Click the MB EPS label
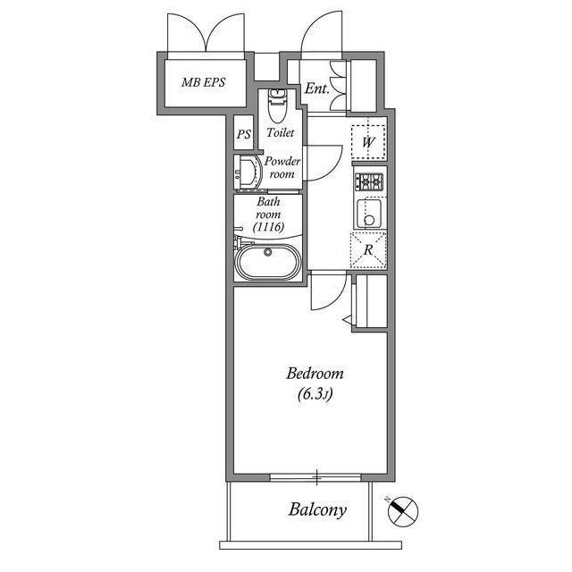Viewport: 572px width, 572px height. pyautogui.click(x=204, y=83)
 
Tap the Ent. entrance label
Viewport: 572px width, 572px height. pyautogui.click(x=315, y=88)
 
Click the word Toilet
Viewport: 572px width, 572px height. pyautogui.click(x=280, y=132)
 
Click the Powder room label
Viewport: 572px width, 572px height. pyautogui.click(x=282, y=167)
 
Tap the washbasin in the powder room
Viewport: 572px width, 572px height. pyautogui.click(x=245, y=172)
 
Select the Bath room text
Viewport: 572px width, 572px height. pyautogui.click(x=268, y=208)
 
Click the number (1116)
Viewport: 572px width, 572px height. pyautogui.click(x=268, y=229)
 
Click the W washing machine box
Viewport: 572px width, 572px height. pyautogui.click(x=368, y=141)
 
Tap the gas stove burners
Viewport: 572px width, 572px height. pyautogui.click(x=369, y=182)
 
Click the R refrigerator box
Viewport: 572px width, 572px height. pyautogui.click(x=368, y=249)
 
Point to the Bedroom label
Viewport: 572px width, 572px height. pyautogui.click(x=315, y=374)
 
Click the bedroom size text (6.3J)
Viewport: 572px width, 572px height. pyautogui.click(x=315, y=396)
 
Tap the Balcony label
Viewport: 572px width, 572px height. pyautogui.click(x=316, y=510)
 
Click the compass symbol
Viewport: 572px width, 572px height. pyautogui.click(x=403, y=512)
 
